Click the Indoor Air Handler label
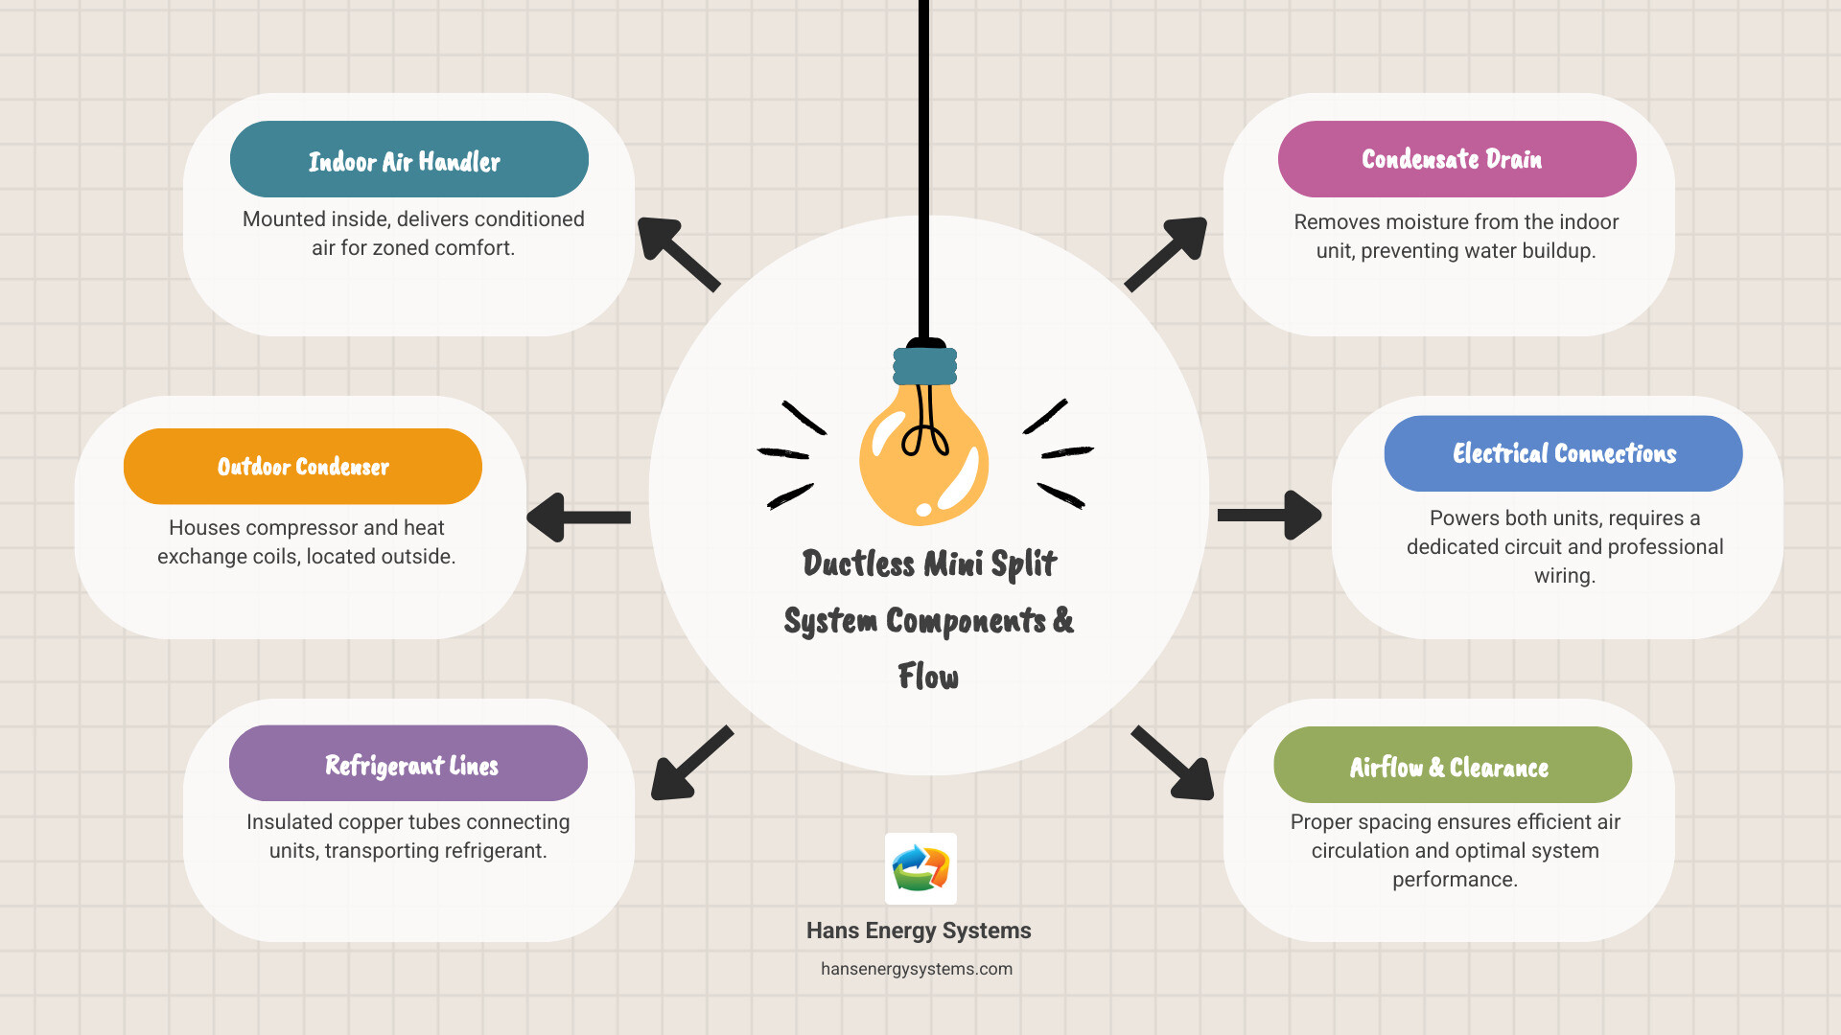(x=408, y=159)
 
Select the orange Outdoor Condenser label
(x=303, y=467)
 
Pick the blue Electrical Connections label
(x=1563, y=453)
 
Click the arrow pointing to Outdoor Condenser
(x=578, y=517)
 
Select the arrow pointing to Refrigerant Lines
(x=689, y=764)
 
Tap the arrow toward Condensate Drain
(x=1167, y=253)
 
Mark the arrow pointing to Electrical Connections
(x=1270, y=516)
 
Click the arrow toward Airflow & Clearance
(x=1174, y=764)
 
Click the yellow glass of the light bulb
(x=922, y=460)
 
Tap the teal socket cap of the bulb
(x=924, y=366)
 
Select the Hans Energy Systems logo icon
(x=920, y=868)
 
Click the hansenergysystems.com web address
(x=917, y=969)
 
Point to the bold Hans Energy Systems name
(x=919, y=931)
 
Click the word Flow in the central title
(x=928, y=677)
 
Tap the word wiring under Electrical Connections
(x=1564, y=576)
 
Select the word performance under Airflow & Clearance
(x=1455, y=880)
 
